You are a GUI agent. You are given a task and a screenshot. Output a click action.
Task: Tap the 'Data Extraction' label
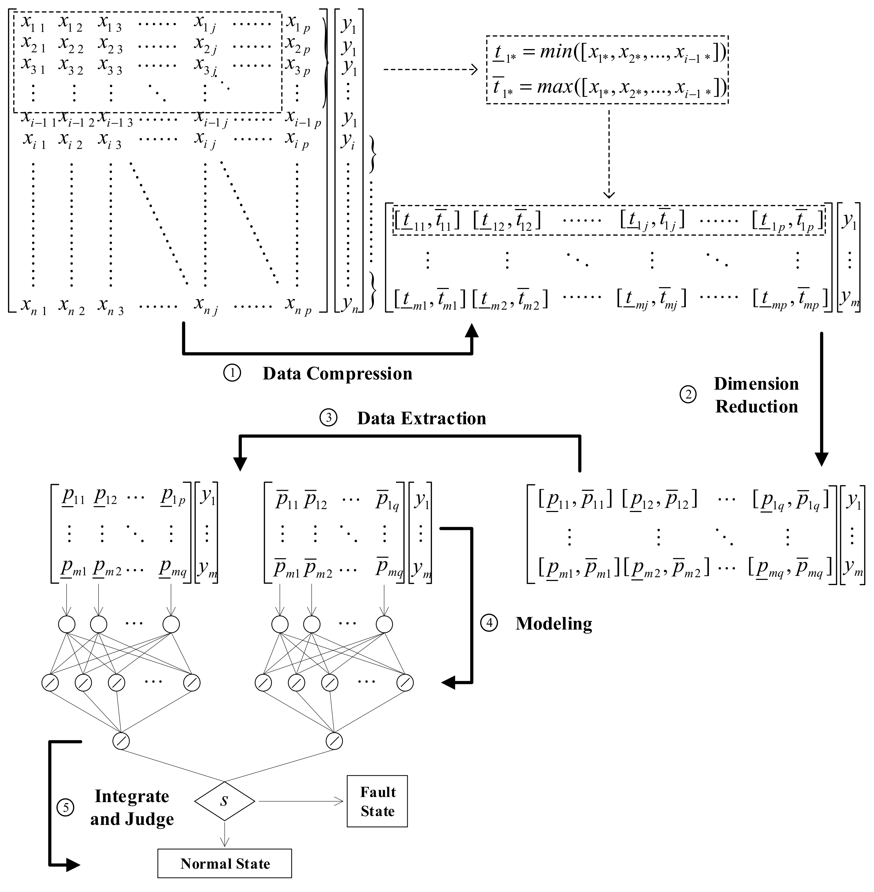point(421,418)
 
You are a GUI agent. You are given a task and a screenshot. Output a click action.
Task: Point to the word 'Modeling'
point(553,624)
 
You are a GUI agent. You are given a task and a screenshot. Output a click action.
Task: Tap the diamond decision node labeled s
point(224,801)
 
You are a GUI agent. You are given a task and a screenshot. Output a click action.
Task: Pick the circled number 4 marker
point(489,623)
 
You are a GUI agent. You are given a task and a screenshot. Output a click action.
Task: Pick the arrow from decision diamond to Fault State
point(301,801)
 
